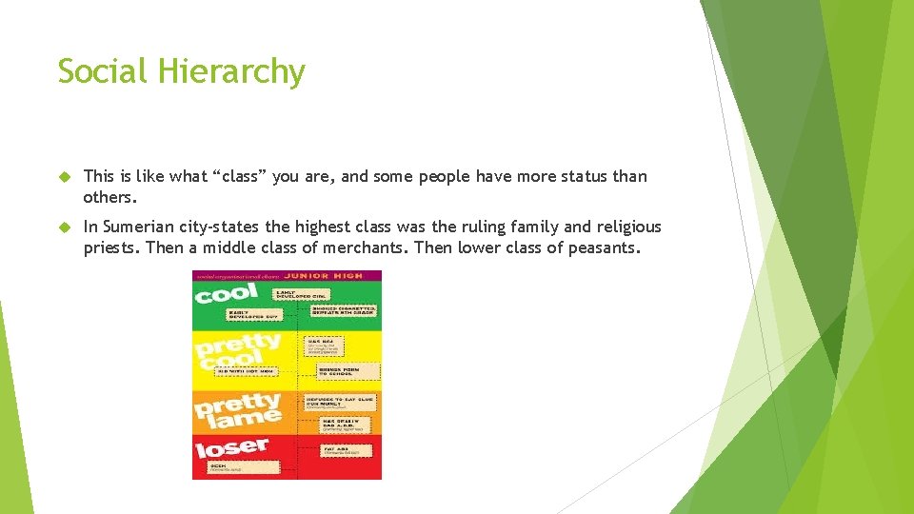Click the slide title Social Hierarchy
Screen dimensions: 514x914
pyautogui.click(x=181, y=71)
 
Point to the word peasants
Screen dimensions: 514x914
pyautogui.click(x=606, y=248)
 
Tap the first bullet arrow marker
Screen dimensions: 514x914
pyautogui.click(x=65, y=176)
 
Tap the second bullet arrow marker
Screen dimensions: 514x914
pyautogui.click(x=65, y=227)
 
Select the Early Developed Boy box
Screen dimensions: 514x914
pyautogui.click(x=252, y=314)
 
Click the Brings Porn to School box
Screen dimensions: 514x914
pyautogui.click(x=339, y=370)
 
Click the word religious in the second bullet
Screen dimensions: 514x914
pyautogui.click(x=628, y=227)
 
